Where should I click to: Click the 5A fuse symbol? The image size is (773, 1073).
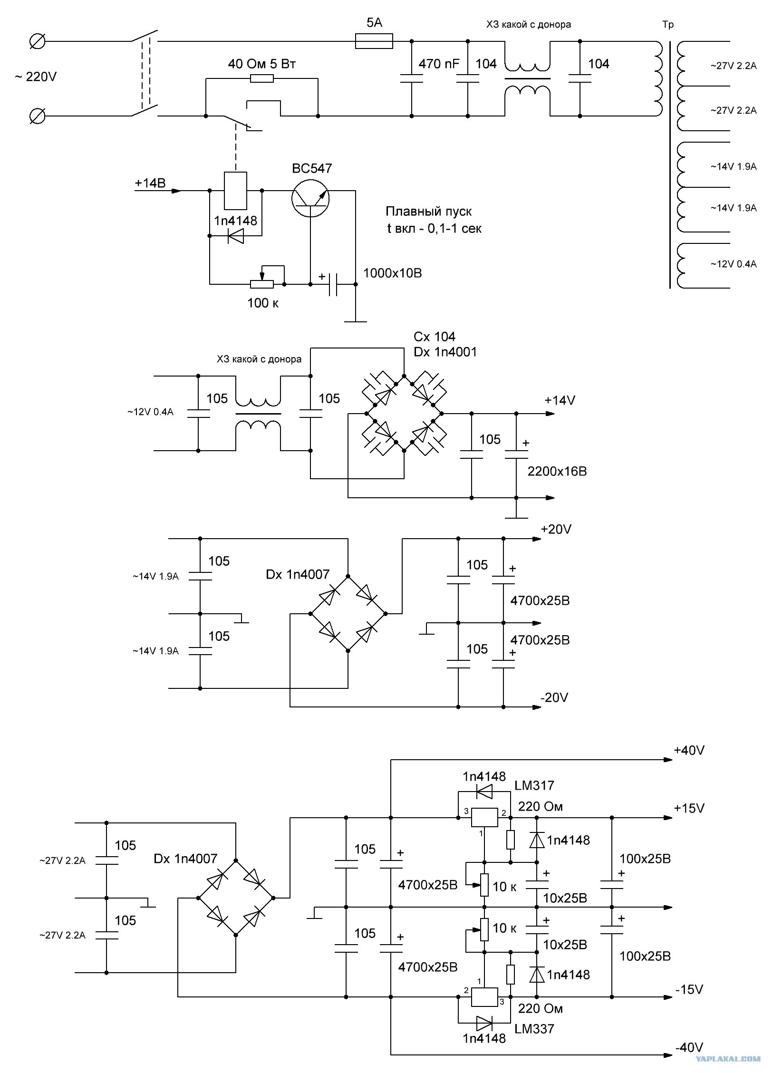pos(374,41)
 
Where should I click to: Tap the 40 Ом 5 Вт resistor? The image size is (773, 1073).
pos(262,78)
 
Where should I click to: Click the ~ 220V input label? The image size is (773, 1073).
pos(36,77)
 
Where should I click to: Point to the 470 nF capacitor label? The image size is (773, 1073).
pos(439,64)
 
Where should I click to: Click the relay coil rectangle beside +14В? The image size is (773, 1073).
pos(235,191)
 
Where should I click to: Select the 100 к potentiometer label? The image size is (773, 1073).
pos(263,303)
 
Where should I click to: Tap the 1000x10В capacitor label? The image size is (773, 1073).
pos(393,273)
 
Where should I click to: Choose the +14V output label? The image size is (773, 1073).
pos(560,400)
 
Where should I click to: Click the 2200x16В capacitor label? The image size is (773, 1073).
pos(557,471)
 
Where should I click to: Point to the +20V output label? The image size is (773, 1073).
pos(556,530)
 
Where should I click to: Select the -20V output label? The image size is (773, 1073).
pos(554,697)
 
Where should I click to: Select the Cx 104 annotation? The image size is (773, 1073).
pos(435,337)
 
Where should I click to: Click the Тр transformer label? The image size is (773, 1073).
pos(668,25)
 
